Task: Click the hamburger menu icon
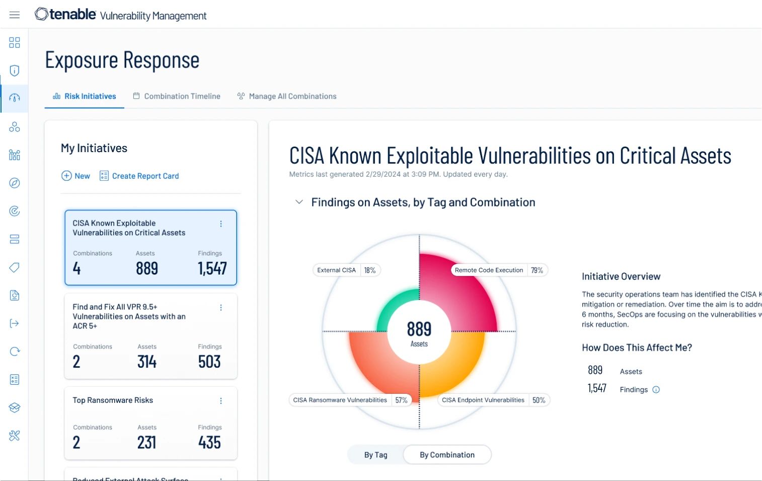pyautogui.click(x=15, y=15)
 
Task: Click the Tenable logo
pyautogui.click(x=65, y=15)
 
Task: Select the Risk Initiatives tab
pyautogui.click(x=85, y=96)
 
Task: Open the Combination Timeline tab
pyautogui.click(x=177, y=96)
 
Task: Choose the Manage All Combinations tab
pyautogui.click(x=287, y=96)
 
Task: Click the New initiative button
pyautogui.click(x=76, y=176)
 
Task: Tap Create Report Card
pyautogui.click(x=139, y=176)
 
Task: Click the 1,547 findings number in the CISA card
pyautogui.click(x=212, y=268)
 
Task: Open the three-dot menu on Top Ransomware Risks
pyautogui.click(x=221, y=401)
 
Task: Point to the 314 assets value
pyautogui.click(x=147, y=362)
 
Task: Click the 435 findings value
pyautogui.click(x=209, y=443)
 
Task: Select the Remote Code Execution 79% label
pyautogui.click(x=499, y=270)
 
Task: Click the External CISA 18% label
pyautogui.click(x=346, y=270)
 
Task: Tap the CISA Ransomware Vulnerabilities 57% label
pyautogui.click(x=350, y=400)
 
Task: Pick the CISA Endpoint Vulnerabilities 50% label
pyautogui.click(x=493, y=400)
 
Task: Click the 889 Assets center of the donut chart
pyautogui.click(x=419, y=333)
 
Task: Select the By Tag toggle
pyautogui.click(x=376, y=455)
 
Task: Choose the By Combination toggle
pyautogui.click(x=447, y=455)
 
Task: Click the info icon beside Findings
pyautogui.click(x=656, y=390)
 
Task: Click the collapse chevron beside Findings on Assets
pyautogui.click(x=299, y=202)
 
